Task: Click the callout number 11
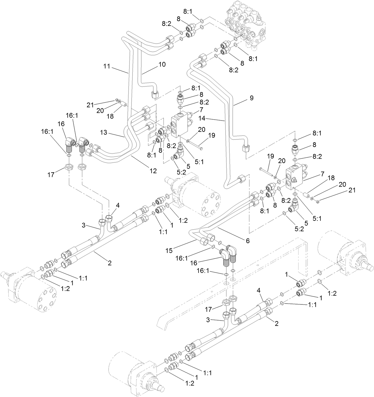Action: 107,67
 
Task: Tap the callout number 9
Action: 252,98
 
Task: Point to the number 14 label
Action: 210,118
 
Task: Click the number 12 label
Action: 153,171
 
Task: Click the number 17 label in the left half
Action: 51,175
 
